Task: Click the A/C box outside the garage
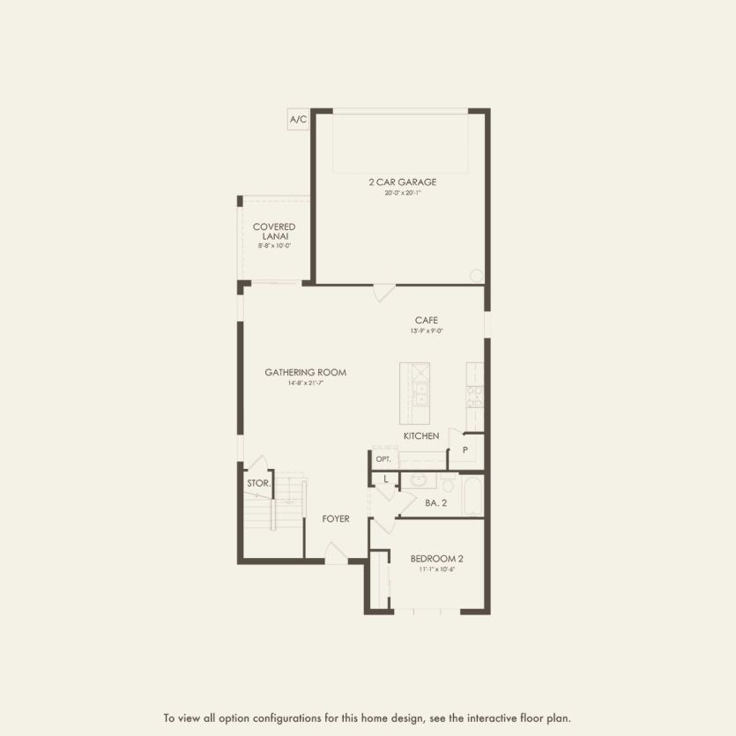point(298,119)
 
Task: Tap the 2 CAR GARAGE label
point(403,182)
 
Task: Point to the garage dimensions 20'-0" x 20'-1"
point(403,193)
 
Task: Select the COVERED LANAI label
point(274,232)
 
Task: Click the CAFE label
point(427,320)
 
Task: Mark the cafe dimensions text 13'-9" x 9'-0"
point(427,331)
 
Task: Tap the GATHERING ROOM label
point(305,373)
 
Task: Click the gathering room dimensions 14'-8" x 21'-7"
point(305,383)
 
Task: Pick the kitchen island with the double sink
point(414,393)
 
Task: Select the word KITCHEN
point(421,436)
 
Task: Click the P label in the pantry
point(465,450)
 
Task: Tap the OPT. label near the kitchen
point(383,459)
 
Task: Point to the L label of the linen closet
point(385,479)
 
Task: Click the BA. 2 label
point(436,502)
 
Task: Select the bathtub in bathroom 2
point(472,496)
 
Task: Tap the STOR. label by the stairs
point(258,483)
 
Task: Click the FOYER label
point(335,519)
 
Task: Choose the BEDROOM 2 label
point(436,559)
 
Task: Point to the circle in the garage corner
point(476,275)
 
